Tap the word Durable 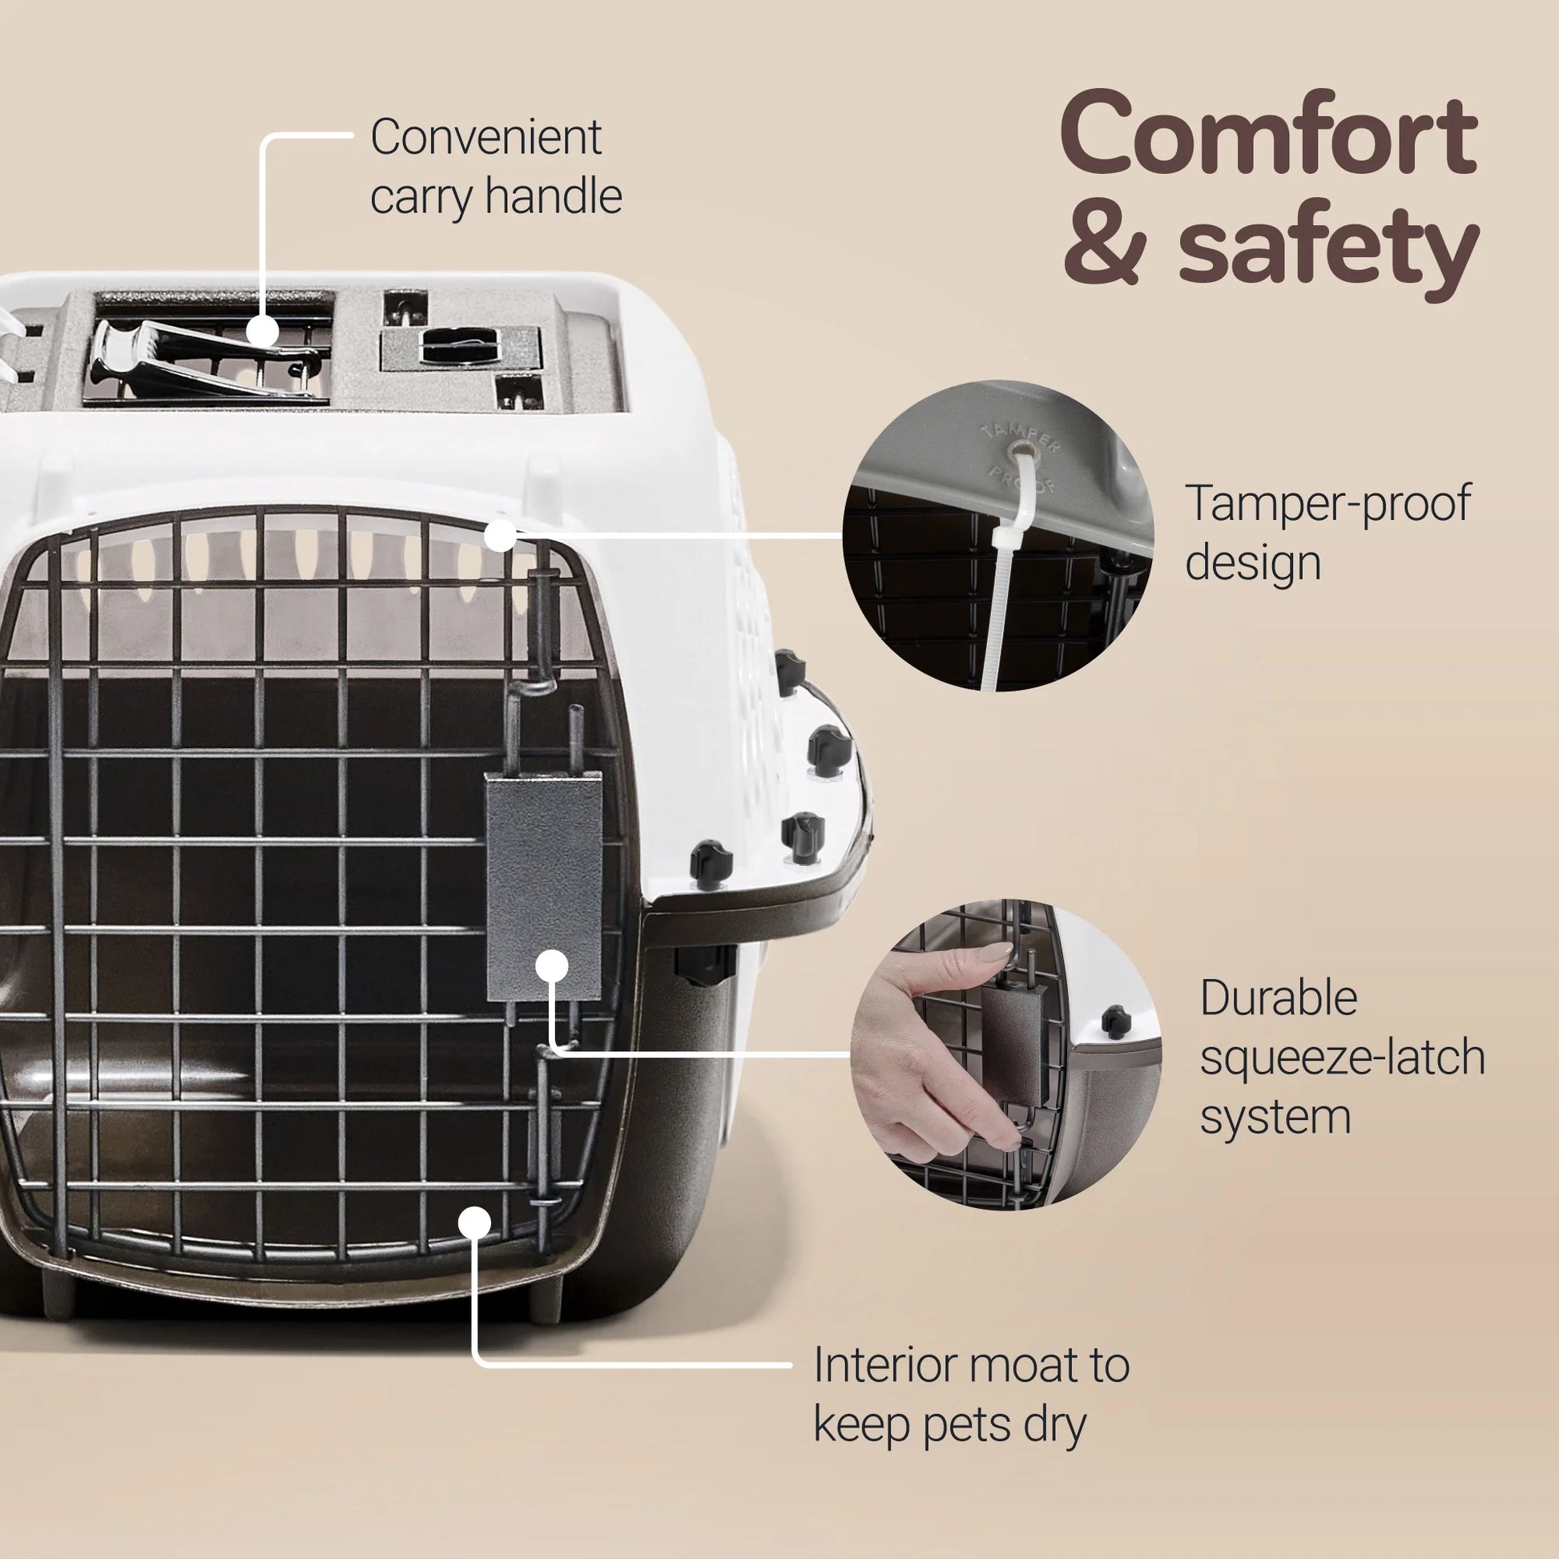point(1278,999)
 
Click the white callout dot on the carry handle point(262,332)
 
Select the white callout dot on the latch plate point(551,966)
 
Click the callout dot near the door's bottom point(474,1223)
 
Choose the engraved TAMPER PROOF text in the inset point(1020,456)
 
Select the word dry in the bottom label point(1054,1426)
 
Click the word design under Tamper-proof point(1252,563)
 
